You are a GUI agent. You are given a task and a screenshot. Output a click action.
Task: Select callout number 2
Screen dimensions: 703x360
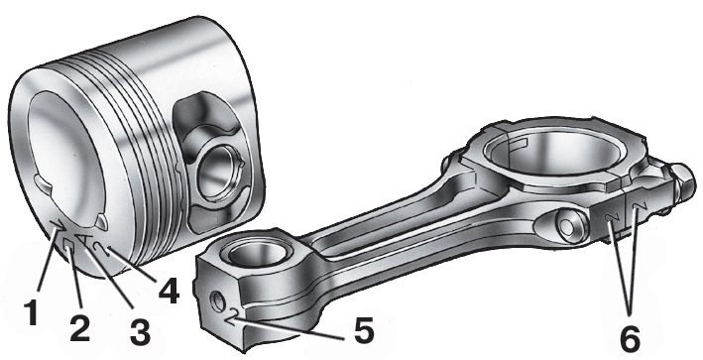point(79,325)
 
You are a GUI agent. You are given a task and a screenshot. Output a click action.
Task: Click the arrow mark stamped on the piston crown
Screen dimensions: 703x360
point(58,224)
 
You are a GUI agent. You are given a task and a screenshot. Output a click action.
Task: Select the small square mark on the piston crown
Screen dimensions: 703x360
point(69,246)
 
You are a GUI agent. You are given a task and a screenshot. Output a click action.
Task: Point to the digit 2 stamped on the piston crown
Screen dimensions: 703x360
point(102,248)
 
